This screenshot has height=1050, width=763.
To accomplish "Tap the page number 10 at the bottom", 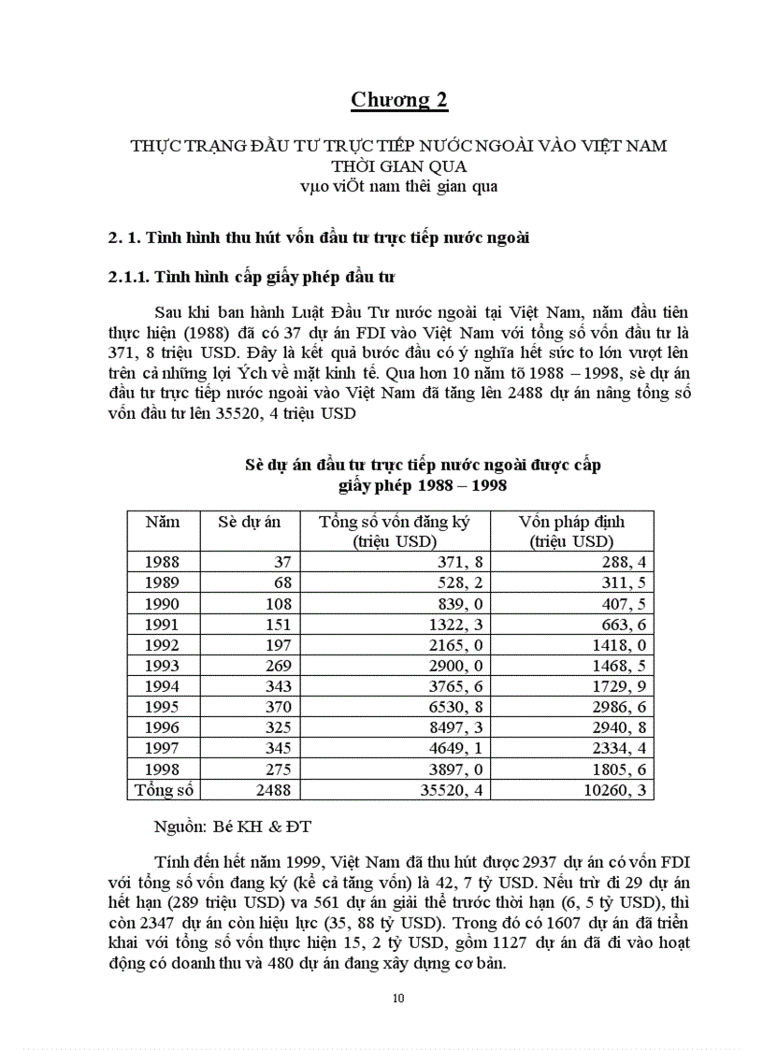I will point(399,999).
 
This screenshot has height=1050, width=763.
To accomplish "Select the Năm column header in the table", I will point(163,522).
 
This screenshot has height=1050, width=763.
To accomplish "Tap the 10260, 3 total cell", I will point(613,791).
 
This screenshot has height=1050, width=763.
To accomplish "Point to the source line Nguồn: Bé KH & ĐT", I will point(233,828).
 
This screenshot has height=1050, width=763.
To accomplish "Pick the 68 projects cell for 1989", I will point(281,583).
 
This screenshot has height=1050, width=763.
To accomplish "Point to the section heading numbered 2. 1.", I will point(319,237).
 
